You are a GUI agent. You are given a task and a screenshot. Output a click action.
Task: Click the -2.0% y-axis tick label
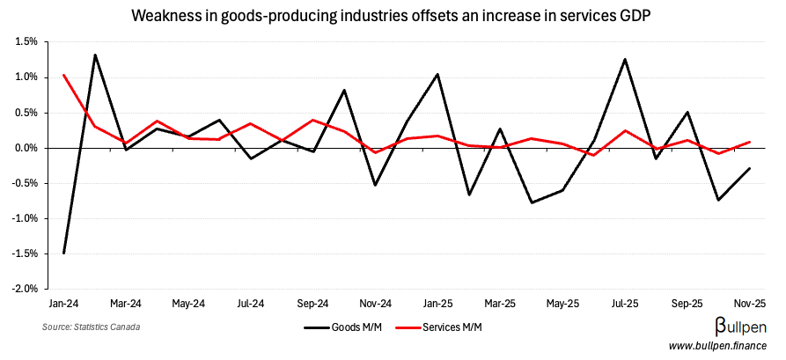tap(25, 289)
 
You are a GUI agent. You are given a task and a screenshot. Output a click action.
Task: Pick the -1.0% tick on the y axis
tap(25, 218)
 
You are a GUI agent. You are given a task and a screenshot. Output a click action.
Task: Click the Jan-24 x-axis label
tap(63, 303)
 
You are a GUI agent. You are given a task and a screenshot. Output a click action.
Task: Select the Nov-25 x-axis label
tap(750, 303)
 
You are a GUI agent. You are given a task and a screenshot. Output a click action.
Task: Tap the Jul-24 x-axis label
tap(251, 303)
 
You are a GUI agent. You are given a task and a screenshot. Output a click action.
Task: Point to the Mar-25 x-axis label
tap(500, 303)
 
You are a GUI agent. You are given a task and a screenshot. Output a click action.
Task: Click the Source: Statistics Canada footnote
tap(91, 327)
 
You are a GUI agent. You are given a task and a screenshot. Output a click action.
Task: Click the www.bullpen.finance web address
tap(717, 346)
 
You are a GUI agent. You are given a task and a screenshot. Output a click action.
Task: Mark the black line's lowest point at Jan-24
tap(64, 253)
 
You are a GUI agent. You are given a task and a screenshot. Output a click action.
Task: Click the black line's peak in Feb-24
tap(95, 55)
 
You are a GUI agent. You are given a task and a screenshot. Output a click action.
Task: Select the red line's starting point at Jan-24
tap(64, 75)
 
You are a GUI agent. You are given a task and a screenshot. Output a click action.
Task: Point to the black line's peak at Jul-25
tap(625, 59)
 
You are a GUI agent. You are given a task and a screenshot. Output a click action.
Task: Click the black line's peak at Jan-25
tap(437, 74)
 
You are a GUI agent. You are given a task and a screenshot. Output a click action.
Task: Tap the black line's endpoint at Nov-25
tap(750, 168)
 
